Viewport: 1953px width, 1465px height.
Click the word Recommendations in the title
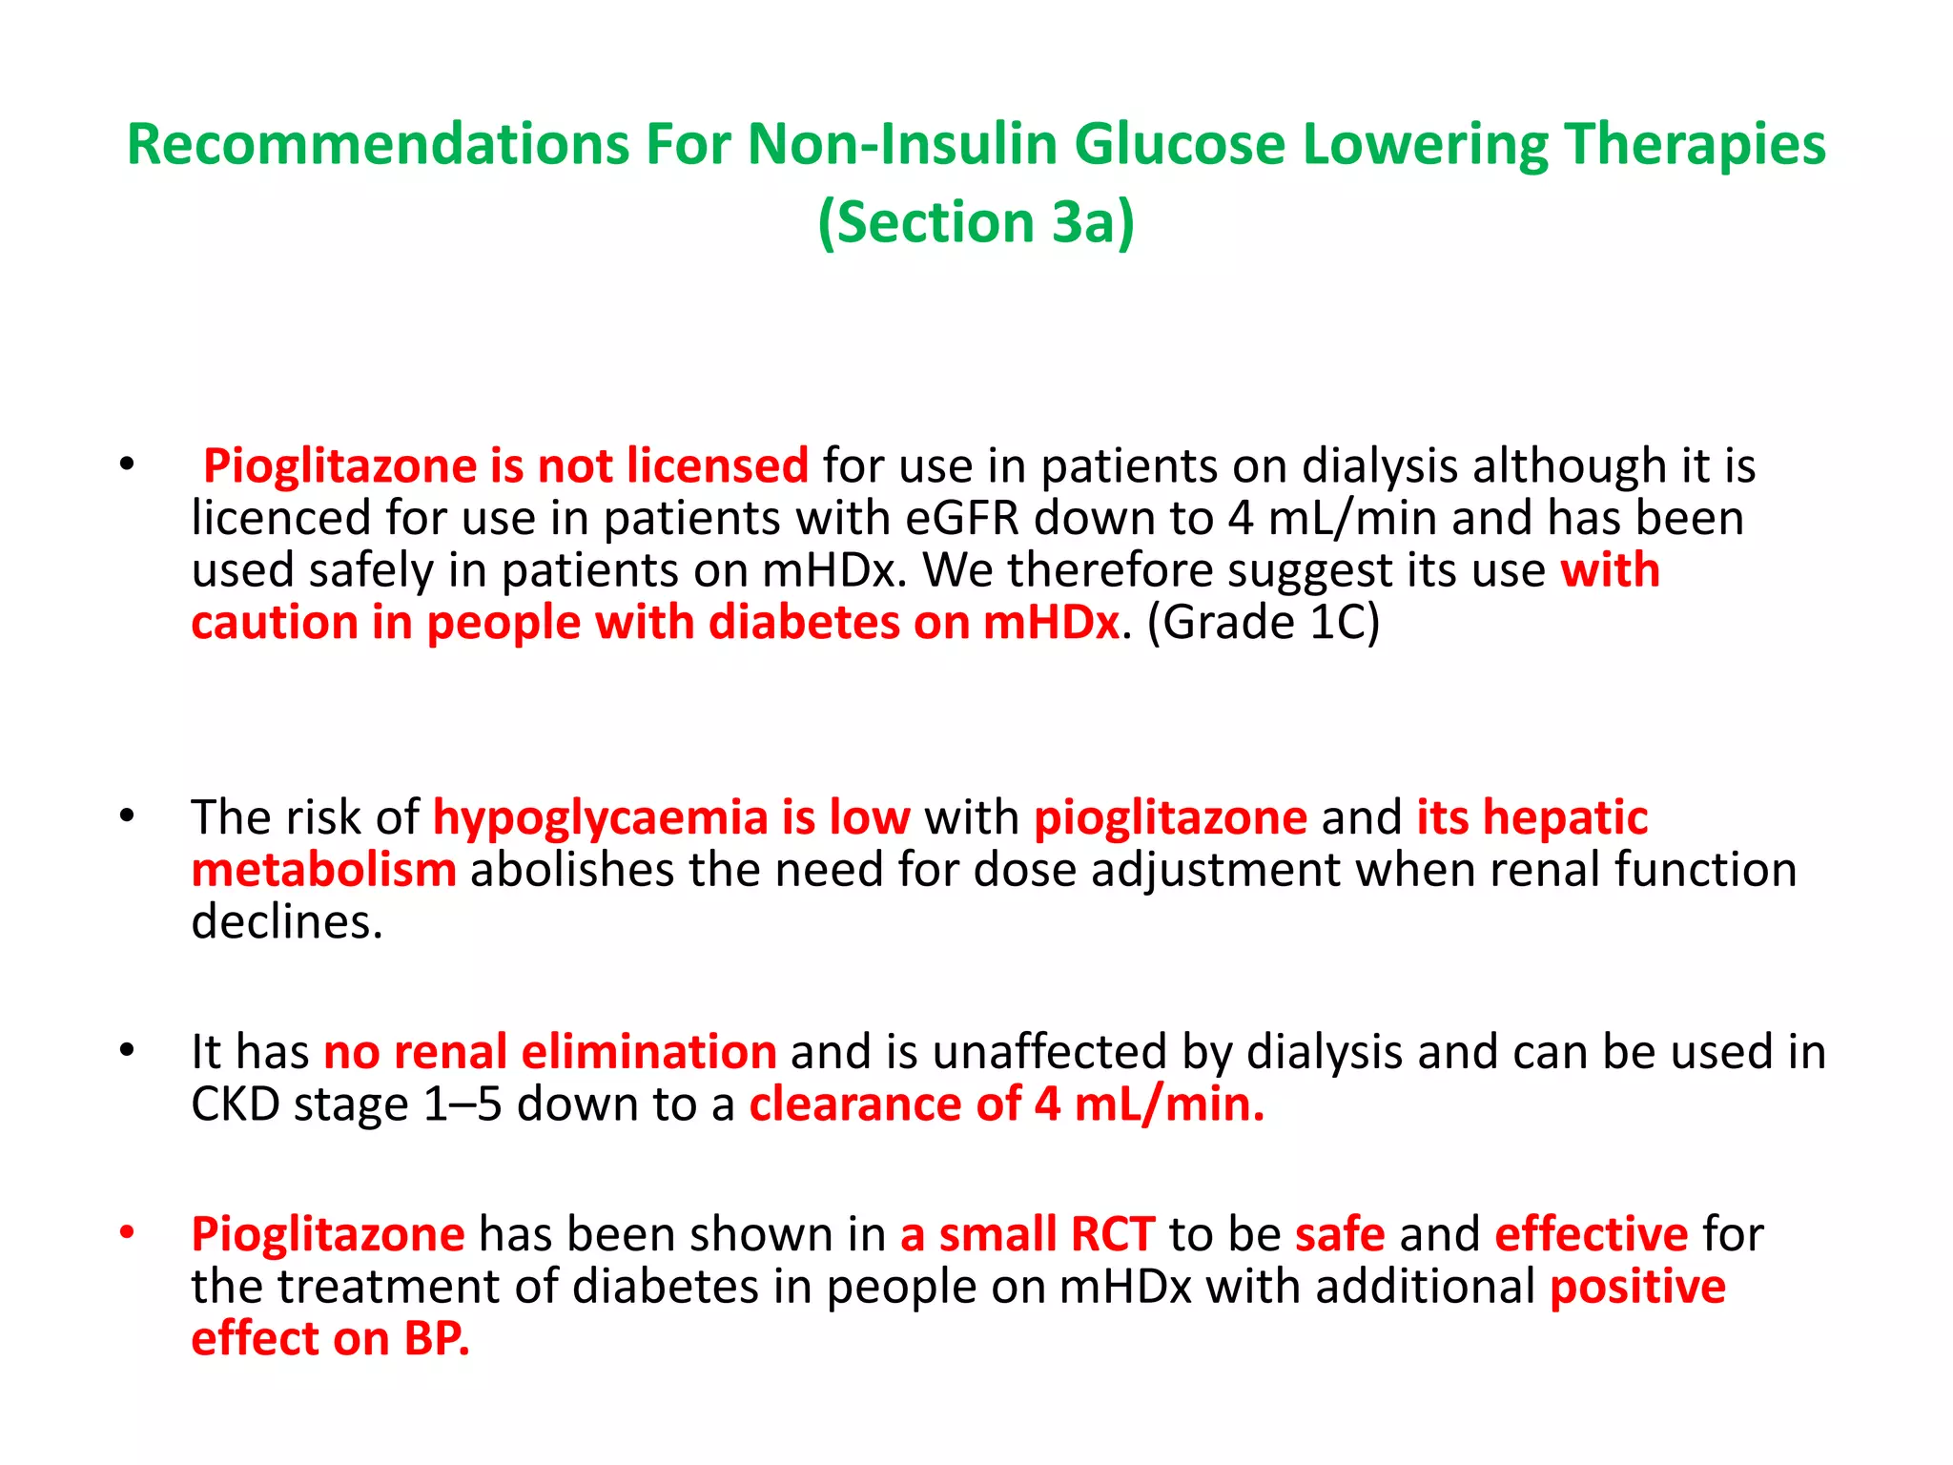tap(378, 145)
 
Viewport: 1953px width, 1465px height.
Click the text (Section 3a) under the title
tap(976, 222)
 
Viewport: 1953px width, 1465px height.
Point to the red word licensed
tap(717, 465)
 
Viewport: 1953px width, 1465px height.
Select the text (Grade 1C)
tap(1263, 623)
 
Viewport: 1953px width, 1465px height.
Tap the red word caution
tap(274, 623)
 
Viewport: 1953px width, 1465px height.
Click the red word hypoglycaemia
tap(600, 817)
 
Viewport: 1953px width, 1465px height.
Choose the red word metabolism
tap(323, 870)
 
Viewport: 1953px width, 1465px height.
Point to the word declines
tap(286, 922)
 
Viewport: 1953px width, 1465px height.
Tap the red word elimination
tap(648, 1052)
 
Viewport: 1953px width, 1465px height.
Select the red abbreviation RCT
tap(1113, 1234)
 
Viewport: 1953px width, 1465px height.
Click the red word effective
tap(1591, 1234)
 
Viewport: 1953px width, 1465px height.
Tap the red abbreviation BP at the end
tap(436, 1339)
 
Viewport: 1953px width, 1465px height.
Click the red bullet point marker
tap(127, 1231)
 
